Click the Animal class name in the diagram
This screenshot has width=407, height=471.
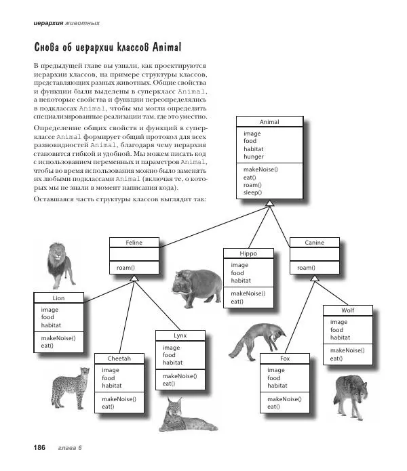pos(269,122)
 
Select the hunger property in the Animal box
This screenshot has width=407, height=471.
pos(254,157)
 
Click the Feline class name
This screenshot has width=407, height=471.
pos(134,242)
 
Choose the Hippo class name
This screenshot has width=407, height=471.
pos(249,253)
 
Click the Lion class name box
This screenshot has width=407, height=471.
pos(58,298)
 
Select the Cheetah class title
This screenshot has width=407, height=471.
pos(119,358)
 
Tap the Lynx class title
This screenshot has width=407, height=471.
pos(180,335)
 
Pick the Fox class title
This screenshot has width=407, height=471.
pos(285,358)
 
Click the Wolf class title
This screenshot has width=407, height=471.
pos(347,310)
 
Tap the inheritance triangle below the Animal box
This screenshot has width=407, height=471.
pos(269,203)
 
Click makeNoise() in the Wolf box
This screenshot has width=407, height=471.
pos(347,350)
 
